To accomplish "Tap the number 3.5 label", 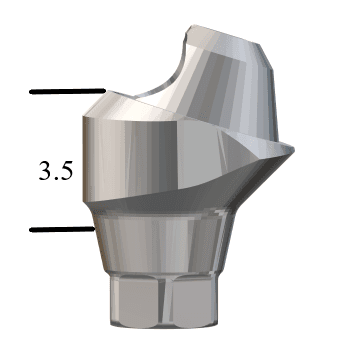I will [55, 171].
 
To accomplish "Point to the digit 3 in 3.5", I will [44, 171].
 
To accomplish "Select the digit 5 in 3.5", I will [65, 171].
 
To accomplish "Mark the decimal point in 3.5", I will [54, 178].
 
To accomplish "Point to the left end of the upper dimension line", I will [32, 92].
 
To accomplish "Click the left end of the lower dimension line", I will [32, 229].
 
